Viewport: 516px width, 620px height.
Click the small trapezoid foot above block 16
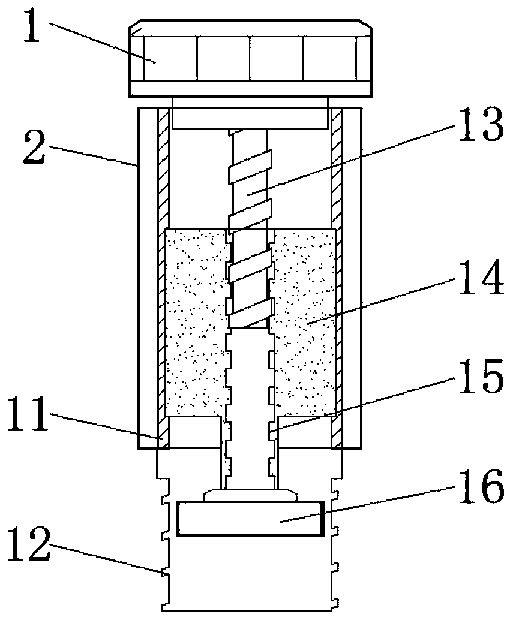[x=250, y=495]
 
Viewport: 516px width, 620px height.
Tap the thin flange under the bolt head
[x=250, y=89]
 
